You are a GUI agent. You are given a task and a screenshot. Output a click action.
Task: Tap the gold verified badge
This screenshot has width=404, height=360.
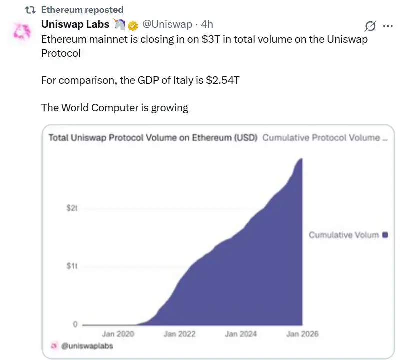pyautogui.click(x=133, y=25)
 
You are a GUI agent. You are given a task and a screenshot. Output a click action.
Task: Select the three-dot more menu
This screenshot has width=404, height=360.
pyautogui.click(x=387, y=26)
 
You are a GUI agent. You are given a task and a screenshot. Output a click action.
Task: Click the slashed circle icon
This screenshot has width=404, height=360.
pyautogui.click(x=370, y=26)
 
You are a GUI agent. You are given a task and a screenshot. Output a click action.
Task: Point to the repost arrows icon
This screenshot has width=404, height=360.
pyautogui.click(x=30, y=9)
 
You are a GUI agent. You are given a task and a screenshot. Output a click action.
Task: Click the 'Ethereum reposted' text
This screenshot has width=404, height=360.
pyautogui.click(x=82, y=9)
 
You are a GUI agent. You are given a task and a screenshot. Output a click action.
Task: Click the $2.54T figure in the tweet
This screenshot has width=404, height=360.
pyautogui.click(x=222, y=80)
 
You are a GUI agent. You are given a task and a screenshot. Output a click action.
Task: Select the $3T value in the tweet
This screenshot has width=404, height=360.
pyautogui.click(x=209, y=39)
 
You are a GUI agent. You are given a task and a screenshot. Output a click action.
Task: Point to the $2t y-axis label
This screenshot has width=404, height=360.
pyautogui.click(x=72, y=208)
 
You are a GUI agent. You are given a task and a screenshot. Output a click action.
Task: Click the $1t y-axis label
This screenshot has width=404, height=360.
pyautogui.click(x=72, y=266)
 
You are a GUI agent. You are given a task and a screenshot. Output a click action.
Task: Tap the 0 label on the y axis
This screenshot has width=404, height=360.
pyautogui.click(x=75, y=325)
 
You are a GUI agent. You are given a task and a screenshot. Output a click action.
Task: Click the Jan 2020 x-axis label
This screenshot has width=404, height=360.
pyautogui.click(x=118, y=334)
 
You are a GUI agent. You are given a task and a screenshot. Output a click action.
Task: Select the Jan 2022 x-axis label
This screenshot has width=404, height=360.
pyautogui.click(x=179, y=334)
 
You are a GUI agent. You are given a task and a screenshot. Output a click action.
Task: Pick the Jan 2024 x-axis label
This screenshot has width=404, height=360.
pyautogui.click(x=241, y=334)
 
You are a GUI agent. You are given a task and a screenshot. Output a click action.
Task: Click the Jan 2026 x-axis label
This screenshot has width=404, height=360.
pyautogui.click(x=302, y=334)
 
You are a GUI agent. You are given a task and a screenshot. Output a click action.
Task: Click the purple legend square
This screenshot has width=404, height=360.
pyautogui.click(x=385, y=234)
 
